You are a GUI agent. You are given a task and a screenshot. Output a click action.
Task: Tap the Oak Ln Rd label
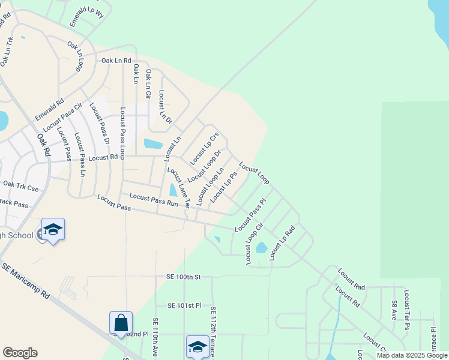tap(116, 60)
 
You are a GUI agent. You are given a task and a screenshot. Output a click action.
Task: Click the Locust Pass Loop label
tap(122, 133)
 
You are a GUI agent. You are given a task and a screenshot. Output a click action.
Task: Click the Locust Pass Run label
tap(154, 199)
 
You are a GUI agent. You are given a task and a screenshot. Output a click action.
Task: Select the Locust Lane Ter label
tap(178, 188)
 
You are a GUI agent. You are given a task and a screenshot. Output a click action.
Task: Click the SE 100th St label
tap(183, 277)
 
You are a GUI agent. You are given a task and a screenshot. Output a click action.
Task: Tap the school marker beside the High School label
tap(53, 230)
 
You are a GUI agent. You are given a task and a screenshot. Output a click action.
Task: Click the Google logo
tap(20, 353)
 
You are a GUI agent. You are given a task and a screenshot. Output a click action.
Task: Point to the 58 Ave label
tap(394, 310)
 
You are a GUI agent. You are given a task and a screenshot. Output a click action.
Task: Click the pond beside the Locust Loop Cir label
tap(261, 247)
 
